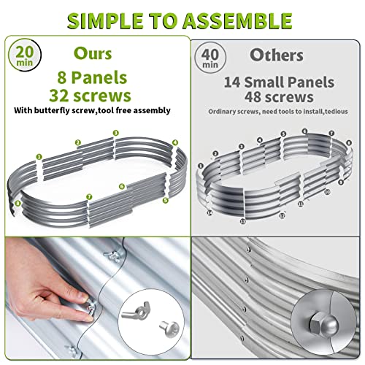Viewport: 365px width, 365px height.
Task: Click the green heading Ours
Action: click(x=93, y=53)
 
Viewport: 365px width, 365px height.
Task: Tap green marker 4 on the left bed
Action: click(x=175, y=142)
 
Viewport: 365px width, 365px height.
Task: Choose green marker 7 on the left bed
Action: click(x=88, y=196)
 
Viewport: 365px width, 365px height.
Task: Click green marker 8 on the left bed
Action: click(x=18, y=203)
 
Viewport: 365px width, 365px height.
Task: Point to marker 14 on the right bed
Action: click(x=209, y=212)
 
